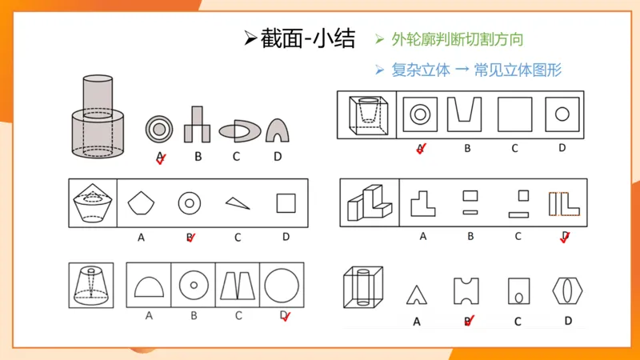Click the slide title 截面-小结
point(299,38)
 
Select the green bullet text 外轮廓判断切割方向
point(457,39)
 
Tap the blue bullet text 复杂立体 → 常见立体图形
point(476,70)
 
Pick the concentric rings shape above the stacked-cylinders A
point(158,129)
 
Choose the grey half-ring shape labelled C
point(238,130)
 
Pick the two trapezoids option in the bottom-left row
point(238,285)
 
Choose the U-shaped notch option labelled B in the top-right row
point(466,114)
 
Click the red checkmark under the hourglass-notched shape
point(470,320)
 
